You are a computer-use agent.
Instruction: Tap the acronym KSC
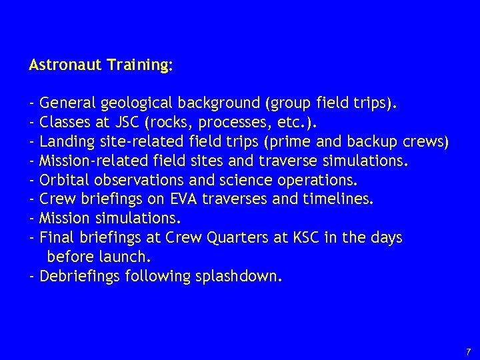pyautogui.click(x=289, y=238)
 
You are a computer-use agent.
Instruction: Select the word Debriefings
pyautogui.click(x=81, y=276)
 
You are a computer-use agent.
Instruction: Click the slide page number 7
pyautogui.click(x=467, y=351)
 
